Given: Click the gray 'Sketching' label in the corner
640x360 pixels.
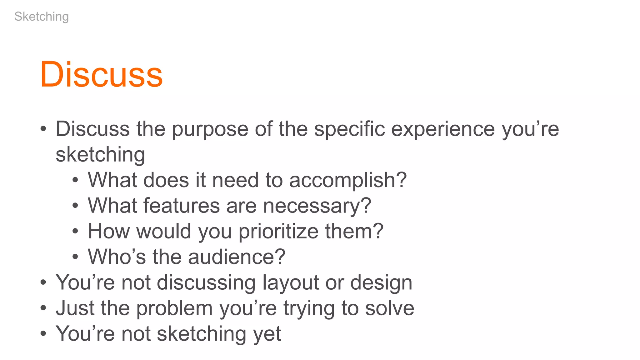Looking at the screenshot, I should click(x=42, y=17).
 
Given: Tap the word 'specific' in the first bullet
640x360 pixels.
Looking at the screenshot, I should click(x=349, y=129).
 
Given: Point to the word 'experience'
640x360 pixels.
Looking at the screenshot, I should click(x=443, y=129).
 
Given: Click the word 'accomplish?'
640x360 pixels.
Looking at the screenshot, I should click(x=348, y=180).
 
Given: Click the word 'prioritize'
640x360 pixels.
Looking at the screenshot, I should click(x=278, y=232).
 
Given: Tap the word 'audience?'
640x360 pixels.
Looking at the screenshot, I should click(x=237, y=257).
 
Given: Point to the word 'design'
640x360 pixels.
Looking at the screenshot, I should click(x=381, y=283).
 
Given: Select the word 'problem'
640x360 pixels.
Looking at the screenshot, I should click(x=175, y=308).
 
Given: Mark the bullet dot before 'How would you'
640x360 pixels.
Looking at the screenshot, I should click(x=75, y=232).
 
